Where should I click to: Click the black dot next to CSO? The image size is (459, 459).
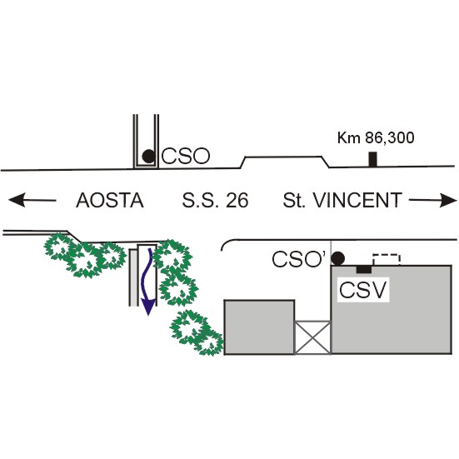pyautogui.click(x=148, y=156)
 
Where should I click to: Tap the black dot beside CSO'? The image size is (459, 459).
pyautogui.click(x=338, y=258)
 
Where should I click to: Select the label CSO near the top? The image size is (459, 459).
pyautogui.click(x=186, y=156)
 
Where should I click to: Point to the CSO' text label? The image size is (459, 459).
pyautogui.click(x=299, y=259)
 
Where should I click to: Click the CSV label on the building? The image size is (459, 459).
pyautogui.click(x=363, y=290)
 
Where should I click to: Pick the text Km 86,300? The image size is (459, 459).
pyautogui.click(x=376, y=138)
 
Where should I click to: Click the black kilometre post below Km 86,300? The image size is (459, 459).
pyautogui.click(x=372, y=160)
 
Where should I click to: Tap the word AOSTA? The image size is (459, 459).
pyautogui.click(x=110, y=201)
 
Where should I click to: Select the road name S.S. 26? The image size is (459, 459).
pyautogui.click(x=215, y=201)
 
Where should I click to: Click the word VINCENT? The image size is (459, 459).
pyautogui.click(x=357, y=200)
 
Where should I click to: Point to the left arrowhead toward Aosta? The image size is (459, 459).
pyautogui.click(x=17, y=200)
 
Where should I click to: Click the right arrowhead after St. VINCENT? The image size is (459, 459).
pyautogui.click(x=448, y=200)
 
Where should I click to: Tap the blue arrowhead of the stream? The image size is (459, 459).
pyautogui.click(x=148, y=307)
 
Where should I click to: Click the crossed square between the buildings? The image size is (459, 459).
pyautogui.click(x=312, y=337)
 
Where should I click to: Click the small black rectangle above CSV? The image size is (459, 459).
pyautogui.click(x=364, y=269)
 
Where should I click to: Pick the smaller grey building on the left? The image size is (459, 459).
pyautogui.click(x=259, y=327)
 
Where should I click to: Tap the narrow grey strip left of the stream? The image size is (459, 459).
pyautogui.click(x=133, y=277)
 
